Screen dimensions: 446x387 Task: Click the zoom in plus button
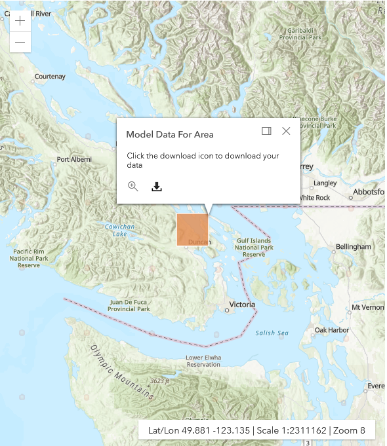pyautogui.click(x=20, y=21)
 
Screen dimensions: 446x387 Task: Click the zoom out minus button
pyautogui.click(x=20, y=43)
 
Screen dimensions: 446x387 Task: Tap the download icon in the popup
pyautogui.click(x=157, y=187)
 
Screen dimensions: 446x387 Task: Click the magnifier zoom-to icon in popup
pyautogui.click(x=133, y=187)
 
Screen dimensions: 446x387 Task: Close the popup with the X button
pyautogui.click(x=286, y=131)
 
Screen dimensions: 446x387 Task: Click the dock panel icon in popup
pyautogui.click(x=266, y=131)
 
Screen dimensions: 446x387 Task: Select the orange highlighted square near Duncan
pyautogui.click(x=192, y=229)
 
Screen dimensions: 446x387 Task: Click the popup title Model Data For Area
pyautogui.click(x=170, y=134)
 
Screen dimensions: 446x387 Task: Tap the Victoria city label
pyautogui.click(x=242, y=305)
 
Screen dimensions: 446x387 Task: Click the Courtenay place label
pyautogui.click(x=50, y=77)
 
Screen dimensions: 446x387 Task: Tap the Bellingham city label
pyautogui.click(x=353, y=247)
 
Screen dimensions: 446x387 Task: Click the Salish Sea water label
pyautogui.click(x=272, y=333)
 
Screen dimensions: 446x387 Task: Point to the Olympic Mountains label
pyautogui.click(x=121, y=371)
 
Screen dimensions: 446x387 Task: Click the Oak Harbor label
pyautogui.click(x=331, y=330)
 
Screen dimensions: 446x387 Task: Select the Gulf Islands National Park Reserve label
pyautogui.click(x=254, y=248)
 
